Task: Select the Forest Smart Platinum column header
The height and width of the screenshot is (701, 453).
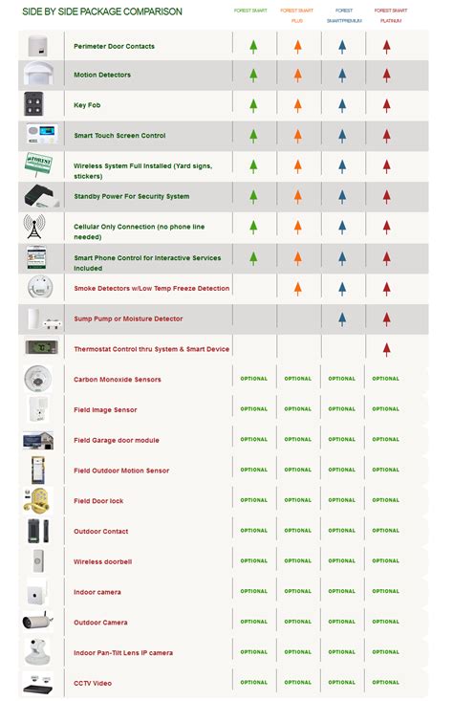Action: (386, 14)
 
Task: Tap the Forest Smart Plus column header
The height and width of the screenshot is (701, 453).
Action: (297, 14)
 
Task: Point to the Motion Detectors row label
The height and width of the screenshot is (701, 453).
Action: (102, 75)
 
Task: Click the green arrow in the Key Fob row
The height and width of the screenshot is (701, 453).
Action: (253, 105)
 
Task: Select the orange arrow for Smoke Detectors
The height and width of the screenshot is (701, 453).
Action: (297, 288)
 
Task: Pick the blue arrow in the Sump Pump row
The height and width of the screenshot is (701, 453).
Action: (341, 318)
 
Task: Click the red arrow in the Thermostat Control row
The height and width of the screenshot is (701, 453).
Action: (386, 349)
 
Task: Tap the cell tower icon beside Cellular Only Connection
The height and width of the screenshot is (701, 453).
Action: (36, 228)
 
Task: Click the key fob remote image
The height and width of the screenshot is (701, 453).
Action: (36, 105)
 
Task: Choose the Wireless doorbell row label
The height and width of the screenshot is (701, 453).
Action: (103, 561)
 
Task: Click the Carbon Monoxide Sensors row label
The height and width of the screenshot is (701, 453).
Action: (118, 380)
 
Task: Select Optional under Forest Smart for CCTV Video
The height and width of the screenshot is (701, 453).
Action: (253, 682)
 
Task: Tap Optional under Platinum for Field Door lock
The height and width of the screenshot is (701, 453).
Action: (386, 500)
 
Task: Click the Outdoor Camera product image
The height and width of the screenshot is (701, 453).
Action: (36, 622)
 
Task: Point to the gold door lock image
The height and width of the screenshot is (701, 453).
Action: (36, 500)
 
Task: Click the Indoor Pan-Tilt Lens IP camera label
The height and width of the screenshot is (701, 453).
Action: (123, 653)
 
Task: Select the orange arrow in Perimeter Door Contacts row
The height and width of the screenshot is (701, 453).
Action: (297, 45)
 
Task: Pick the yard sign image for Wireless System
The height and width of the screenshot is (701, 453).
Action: (36, 165)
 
